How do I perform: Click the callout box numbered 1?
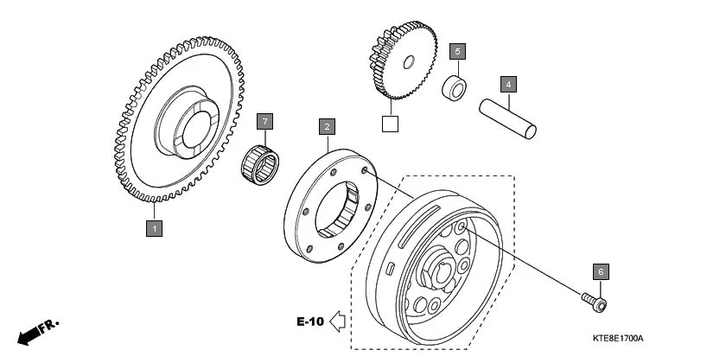154,228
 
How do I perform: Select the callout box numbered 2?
327,127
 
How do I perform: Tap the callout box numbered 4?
509,84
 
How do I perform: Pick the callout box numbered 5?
459,51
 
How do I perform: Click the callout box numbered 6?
601,271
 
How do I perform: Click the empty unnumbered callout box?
391,123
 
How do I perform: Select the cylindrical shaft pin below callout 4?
509,119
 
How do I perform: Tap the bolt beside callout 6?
594,301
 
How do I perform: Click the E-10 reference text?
309,322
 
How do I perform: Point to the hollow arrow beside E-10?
338,322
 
